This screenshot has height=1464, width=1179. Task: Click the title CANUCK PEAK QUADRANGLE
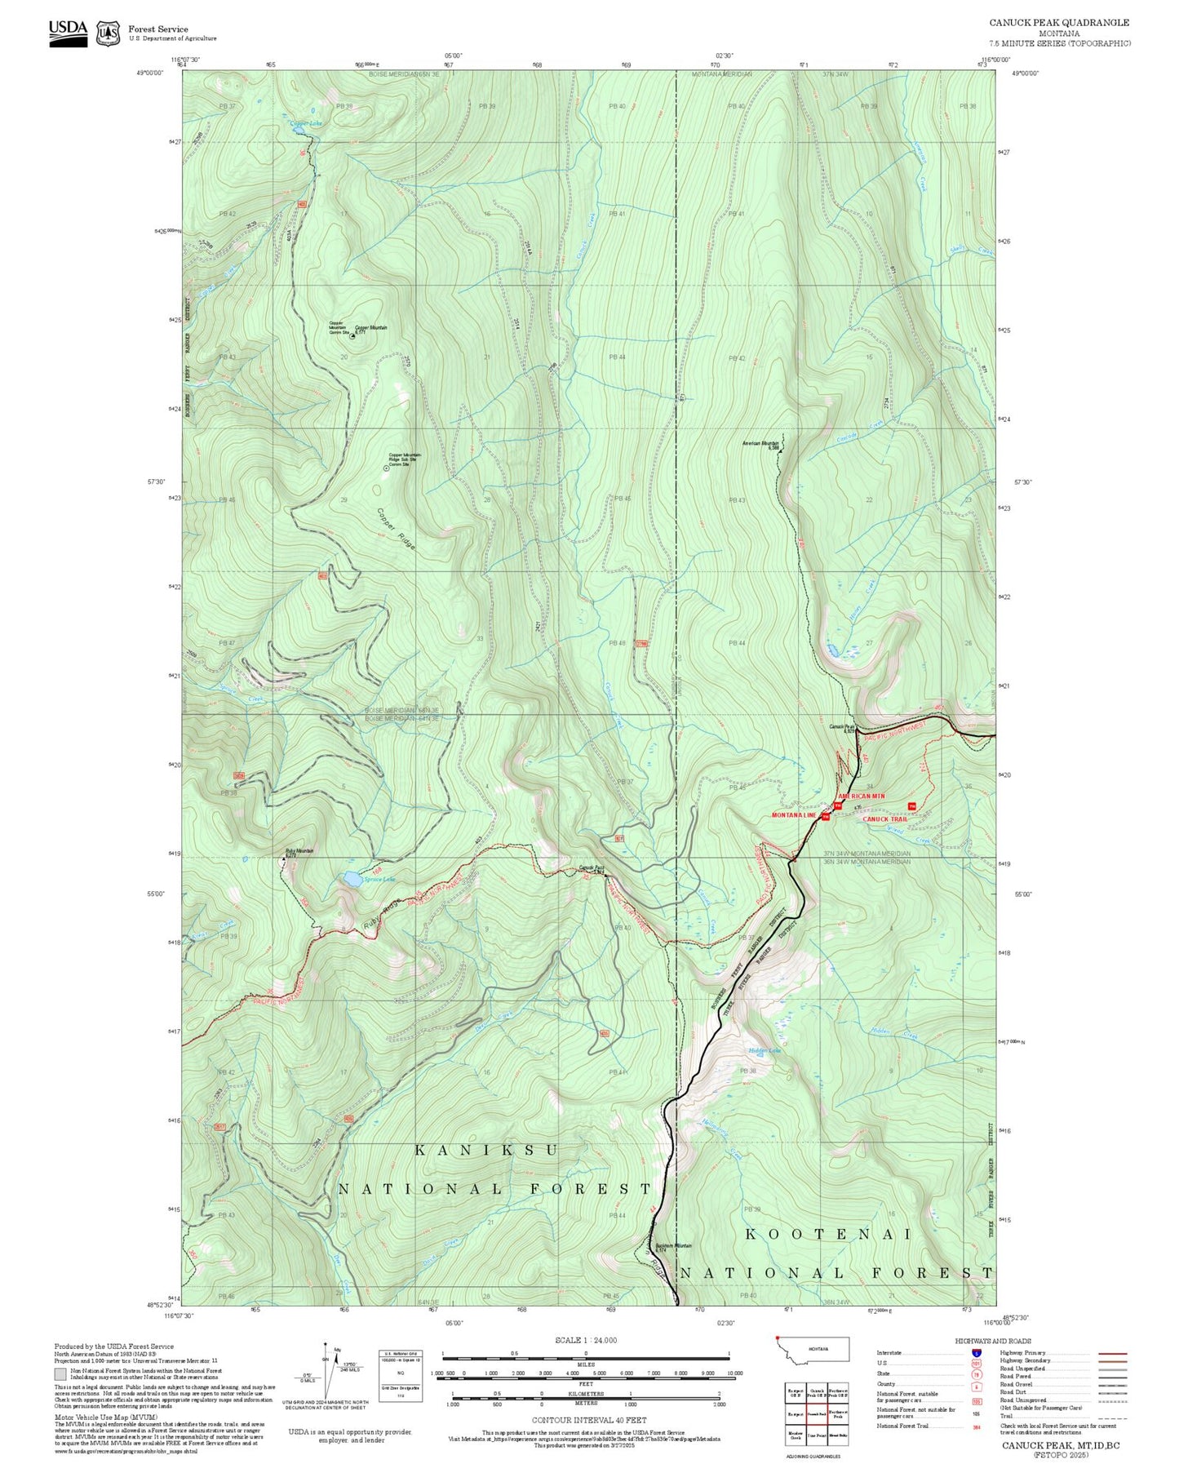[1059, 23]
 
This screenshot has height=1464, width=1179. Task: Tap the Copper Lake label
[306, 123]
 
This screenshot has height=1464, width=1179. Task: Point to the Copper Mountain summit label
[371, 328]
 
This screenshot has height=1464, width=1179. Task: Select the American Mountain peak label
[760, 444]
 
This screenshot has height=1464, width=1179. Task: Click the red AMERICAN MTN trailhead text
[861, 796]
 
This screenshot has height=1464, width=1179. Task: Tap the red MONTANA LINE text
[794, 815]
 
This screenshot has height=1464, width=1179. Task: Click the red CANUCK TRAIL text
[884, 819]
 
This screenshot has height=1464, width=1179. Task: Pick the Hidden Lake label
[765, 1050]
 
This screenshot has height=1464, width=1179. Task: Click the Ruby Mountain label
[299, 851]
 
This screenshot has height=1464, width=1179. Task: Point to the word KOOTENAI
[827, 1235]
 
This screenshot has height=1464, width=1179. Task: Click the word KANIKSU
[486, 1150]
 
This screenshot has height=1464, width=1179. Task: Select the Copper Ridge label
[396, 529]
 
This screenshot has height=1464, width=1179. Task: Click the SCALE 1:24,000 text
[586, 1340]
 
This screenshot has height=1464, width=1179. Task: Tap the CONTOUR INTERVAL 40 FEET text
[586, 1421]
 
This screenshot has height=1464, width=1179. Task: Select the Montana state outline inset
[811, 1349]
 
